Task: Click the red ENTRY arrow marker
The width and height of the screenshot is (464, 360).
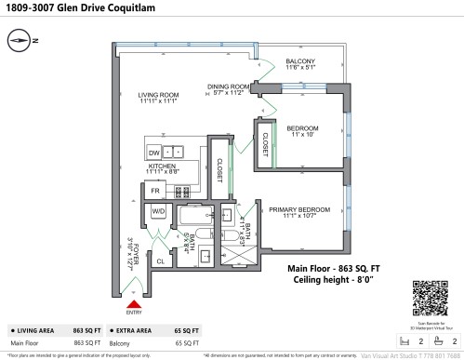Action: pos(134,302)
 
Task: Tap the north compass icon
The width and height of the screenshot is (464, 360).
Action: pos(21,40)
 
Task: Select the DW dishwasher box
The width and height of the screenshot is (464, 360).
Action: pos(153,152)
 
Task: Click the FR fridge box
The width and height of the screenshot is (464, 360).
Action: pos(156,192)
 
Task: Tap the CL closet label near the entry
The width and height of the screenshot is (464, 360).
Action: pos(160,262)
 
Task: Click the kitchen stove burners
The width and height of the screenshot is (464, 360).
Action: pos(181,192)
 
